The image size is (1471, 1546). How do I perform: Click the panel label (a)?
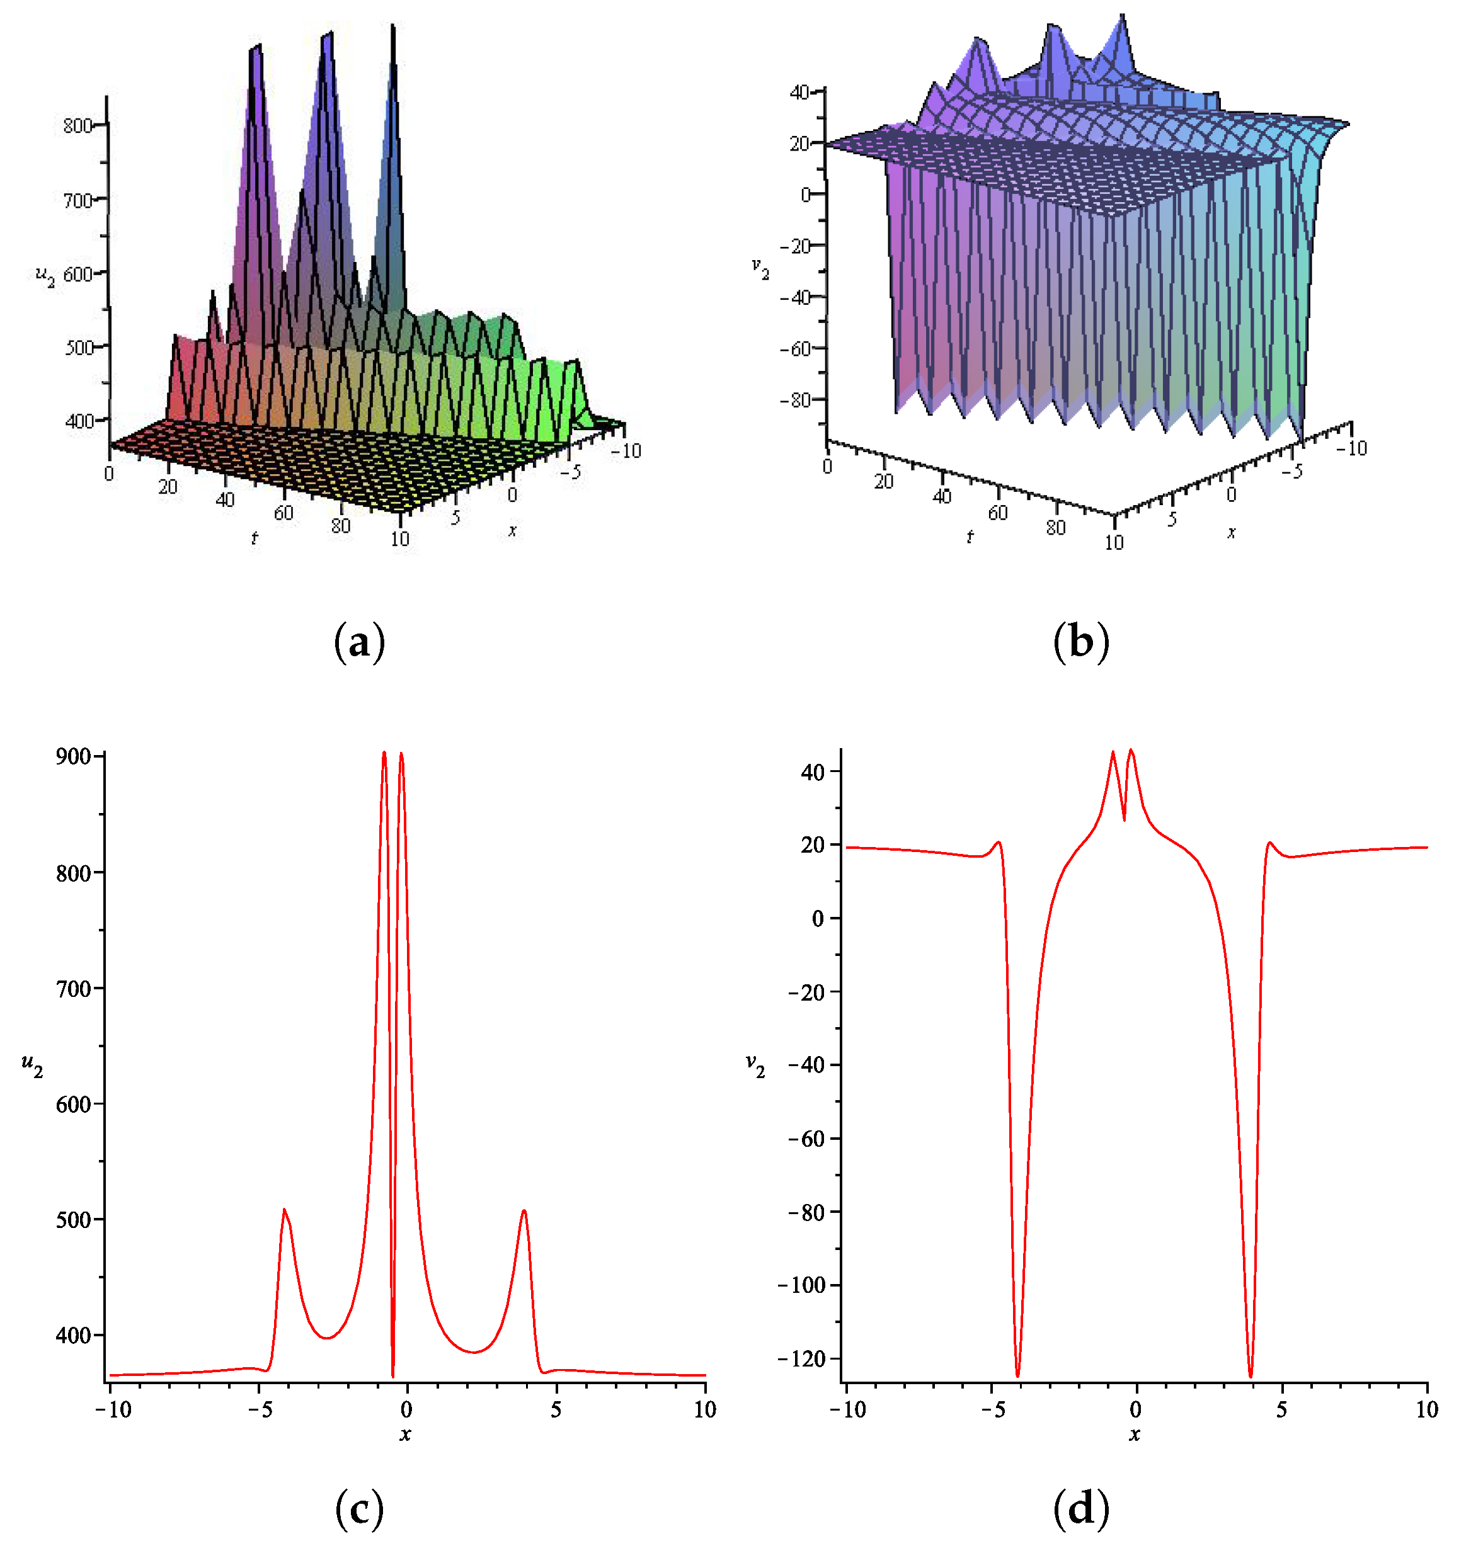click(359, 643)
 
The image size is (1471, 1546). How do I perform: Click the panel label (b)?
click(1080, 643)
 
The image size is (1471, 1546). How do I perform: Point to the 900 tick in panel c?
click(74, 756)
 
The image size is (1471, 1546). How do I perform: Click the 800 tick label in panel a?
click(77, 126)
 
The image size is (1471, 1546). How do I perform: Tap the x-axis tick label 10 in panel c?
click(705, 1409)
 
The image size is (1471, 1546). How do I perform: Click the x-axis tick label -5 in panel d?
click(993, 1409)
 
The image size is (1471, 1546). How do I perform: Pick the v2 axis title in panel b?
click(760, 269)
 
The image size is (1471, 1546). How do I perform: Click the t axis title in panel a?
click(254, 538)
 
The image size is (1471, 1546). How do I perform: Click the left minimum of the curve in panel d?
click(1018, 1376)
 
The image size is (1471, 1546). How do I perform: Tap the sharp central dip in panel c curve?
click(393, 1376)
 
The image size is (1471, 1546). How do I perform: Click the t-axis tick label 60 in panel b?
click(997, 513)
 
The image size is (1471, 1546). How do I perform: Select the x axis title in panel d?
click(1135, 1434)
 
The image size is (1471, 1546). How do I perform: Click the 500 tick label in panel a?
click(78, 348)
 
